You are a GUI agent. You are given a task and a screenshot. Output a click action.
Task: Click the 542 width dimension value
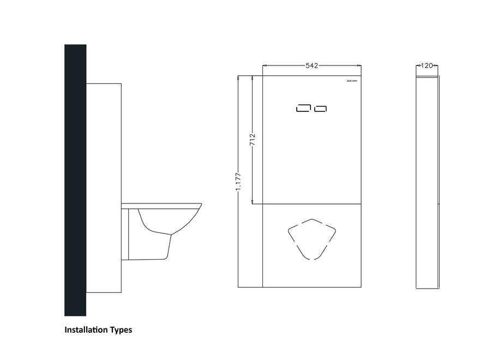tap(312, 65)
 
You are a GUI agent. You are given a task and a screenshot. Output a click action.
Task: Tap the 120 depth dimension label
tap(427, 65)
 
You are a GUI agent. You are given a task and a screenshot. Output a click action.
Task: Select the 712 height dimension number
tap(252, 140)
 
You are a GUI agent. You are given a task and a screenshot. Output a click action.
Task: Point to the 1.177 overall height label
tap(239, 181)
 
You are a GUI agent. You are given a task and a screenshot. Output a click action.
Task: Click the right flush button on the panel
tap(320, 109)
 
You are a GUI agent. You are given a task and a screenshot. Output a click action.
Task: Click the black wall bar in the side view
tap(75, 180)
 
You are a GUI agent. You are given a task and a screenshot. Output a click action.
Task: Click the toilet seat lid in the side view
tap(164, 205)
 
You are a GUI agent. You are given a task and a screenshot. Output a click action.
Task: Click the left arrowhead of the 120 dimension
tap(418, 65)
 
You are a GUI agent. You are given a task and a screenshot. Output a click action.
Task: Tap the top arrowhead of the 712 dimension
tap(252, 77)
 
